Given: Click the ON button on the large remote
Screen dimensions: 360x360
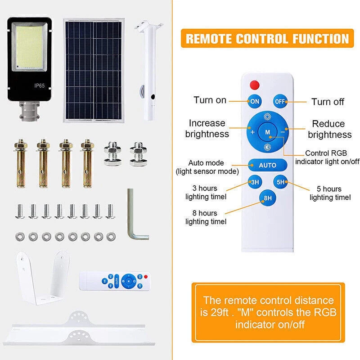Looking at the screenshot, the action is pos(255,101).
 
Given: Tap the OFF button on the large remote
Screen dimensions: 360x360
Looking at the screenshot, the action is pos(280,101).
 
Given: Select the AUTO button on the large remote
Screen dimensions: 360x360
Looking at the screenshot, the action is pos(267,165).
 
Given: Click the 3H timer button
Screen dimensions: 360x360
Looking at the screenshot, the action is pos(255,182).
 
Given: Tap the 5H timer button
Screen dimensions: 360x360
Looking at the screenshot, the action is pos(280,182).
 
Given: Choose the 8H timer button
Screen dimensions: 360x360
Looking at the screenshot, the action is pos(267,198).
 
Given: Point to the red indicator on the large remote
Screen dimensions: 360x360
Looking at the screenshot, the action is pos(255,85).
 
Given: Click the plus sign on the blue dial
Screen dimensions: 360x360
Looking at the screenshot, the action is pos(252,132).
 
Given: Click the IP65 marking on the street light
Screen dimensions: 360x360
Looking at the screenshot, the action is pos(39,85).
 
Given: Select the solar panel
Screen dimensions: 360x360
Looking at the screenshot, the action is pos(94,71).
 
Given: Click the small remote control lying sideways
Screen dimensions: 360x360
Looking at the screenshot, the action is pos(115,281).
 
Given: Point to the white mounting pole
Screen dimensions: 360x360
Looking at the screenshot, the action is pos(149,71).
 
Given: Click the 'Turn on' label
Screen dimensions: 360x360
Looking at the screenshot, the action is pos(210,100).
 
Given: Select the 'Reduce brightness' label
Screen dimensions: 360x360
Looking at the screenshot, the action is pos(329,129).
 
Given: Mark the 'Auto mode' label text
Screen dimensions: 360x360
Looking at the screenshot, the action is pos(206,163).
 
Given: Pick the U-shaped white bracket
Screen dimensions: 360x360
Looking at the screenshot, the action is pos(42,278).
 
